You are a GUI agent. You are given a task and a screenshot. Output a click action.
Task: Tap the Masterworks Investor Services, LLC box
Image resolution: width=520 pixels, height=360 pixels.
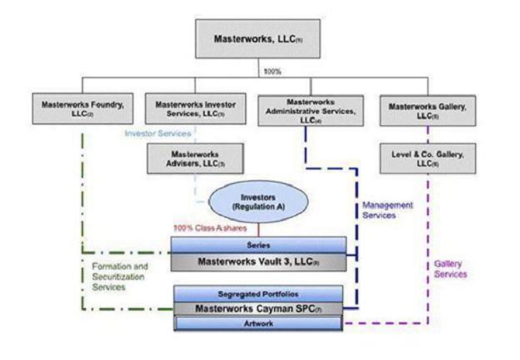pyautogui.click(x=196, y=108)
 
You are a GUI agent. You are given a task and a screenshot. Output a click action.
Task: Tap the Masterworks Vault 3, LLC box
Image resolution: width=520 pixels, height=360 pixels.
pyautogui.click(x=258, y=261)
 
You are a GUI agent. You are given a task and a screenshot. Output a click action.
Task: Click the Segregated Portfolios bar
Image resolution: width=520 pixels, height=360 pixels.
pyautogui.click(x=258, y=294)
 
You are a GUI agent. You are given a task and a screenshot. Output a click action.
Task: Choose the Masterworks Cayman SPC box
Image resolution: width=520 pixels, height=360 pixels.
pyautogui.click(x=258, y=309)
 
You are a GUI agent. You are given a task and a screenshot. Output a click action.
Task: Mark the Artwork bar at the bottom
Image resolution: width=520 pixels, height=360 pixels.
pyautogui.click(x=258, y=323)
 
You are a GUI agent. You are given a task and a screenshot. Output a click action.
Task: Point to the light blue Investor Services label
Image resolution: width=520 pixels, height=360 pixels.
pyautogui.click(x=159, y=133)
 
